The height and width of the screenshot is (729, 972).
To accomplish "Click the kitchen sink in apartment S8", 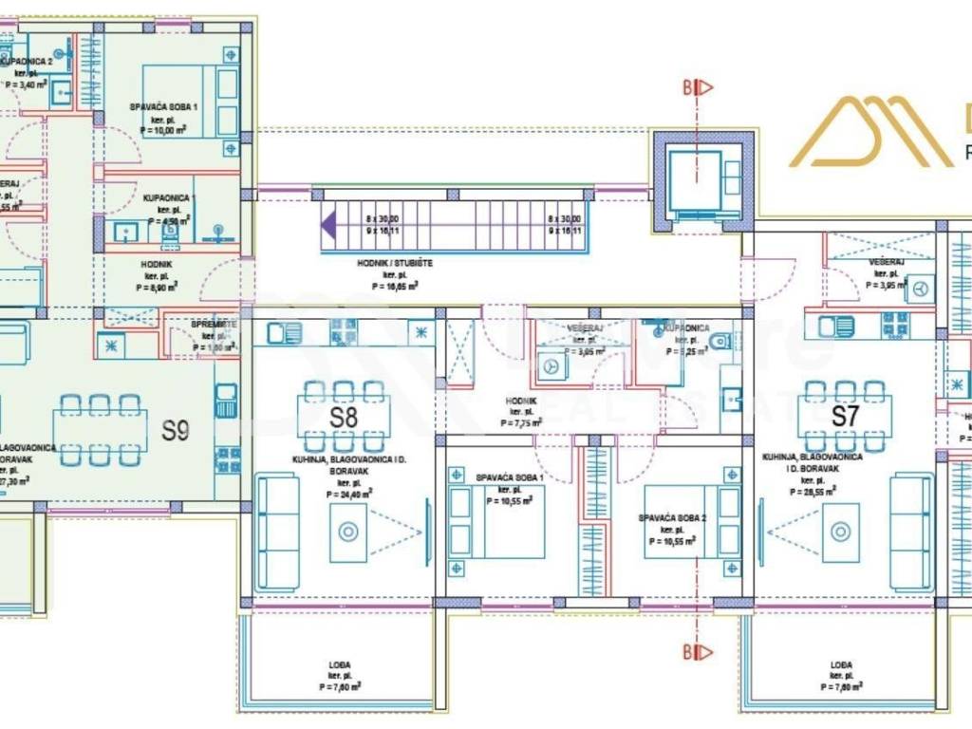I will [x=285, y=333].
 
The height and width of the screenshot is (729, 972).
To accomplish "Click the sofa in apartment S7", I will [x=910, y=532].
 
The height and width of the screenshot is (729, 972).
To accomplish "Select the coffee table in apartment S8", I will [x=348, y=532].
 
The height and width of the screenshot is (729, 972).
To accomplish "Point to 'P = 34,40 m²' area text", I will [x=348, y=493].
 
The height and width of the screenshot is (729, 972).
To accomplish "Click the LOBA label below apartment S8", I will [x=342, y=665].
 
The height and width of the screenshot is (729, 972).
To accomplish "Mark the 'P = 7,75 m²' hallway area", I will [x=521, y=423].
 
